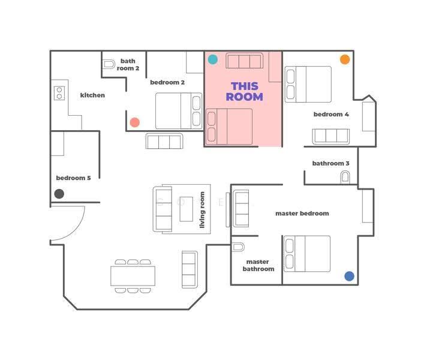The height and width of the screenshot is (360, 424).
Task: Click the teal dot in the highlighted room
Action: (213, 59)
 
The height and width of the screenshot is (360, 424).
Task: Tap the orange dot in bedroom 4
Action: (345, 59)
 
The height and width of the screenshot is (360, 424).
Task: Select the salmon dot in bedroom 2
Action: (135, 122)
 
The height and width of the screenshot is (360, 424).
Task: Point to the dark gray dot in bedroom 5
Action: (59, 194)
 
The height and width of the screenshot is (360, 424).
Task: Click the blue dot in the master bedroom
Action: (349, 276)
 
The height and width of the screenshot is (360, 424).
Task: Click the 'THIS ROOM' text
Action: (245, 91)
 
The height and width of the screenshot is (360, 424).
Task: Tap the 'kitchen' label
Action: (92, 95)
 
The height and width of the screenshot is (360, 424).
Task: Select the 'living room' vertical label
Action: (202, 209)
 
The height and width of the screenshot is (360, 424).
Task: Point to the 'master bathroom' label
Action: (258, 265)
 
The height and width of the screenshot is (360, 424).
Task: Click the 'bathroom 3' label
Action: (330, 163)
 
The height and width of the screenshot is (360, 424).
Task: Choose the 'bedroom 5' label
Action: (73, 178)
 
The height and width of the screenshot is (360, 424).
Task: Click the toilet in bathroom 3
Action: (345, 178)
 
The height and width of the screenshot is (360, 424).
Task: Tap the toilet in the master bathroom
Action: (238, 247)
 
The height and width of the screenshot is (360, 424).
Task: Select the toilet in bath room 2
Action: (109, 64)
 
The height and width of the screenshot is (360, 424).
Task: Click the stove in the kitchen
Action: (59, 93)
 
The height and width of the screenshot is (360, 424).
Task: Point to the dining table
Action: (133, 276)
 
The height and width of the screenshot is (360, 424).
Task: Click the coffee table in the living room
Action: (187, 209)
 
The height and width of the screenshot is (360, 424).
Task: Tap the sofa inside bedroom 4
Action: (330, 136)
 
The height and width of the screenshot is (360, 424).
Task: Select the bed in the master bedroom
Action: (307, 254)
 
